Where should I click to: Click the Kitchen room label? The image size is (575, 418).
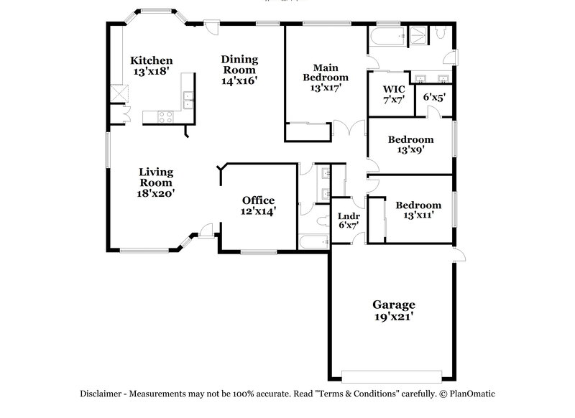coord(151,60)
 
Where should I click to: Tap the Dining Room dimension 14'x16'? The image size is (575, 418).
coord(239,81)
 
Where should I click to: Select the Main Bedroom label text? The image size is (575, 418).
coord(325,72)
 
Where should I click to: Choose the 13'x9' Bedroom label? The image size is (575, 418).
coord(410,151)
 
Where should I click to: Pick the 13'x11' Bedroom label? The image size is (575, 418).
coord(417,215)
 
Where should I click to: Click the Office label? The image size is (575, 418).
coord(258,200)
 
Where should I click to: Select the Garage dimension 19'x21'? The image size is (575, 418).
coord(392,315)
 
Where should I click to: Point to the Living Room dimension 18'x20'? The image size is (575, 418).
coord(155,193)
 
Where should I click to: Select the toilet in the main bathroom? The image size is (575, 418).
coord(441,32)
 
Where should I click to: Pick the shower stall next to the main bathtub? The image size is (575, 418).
coord(415,33)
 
